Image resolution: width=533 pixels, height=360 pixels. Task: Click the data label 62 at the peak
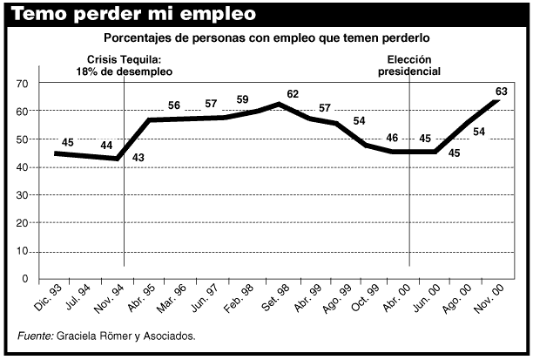click(292, 94)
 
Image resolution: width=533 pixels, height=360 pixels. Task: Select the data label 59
click(242, 99)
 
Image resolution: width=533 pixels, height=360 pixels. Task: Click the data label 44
click(107, 145)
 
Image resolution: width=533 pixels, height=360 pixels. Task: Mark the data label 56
click(173, 105)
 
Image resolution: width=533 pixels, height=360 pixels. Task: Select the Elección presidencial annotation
click(408, 65)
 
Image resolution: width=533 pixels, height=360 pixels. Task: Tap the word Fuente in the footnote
click(35, 336)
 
